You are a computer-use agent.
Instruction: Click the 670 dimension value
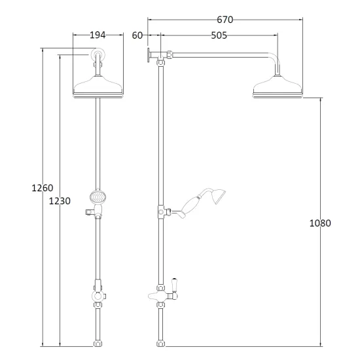225,20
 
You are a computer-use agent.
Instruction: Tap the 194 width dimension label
98,35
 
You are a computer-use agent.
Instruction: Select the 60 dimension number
137,35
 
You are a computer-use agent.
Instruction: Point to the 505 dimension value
219,35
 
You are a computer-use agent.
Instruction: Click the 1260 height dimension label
43,188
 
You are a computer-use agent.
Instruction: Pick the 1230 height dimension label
60,201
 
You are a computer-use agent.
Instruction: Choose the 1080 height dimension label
320,223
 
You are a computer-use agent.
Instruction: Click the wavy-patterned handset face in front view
98,197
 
